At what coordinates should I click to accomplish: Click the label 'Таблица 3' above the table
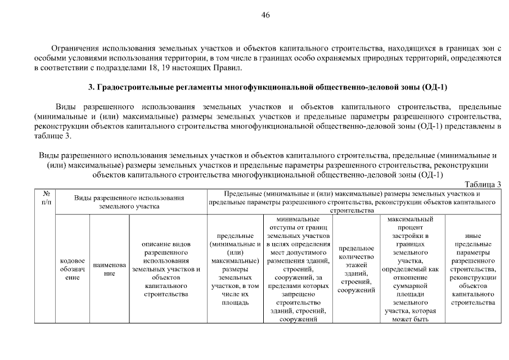click(483, 184)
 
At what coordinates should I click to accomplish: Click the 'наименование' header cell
click(109, 268)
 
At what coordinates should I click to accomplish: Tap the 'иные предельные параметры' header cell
click(472, 268)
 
